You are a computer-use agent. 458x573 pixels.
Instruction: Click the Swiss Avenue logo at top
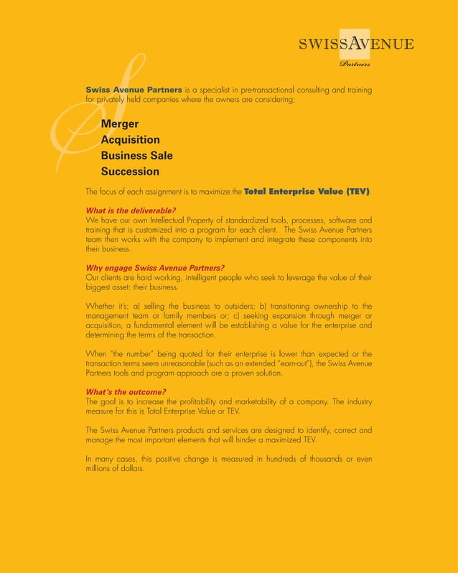(355, 44)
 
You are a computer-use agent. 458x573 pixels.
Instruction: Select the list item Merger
(120, 124)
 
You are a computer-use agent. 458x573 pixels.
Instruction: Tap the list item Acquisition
(130, 140)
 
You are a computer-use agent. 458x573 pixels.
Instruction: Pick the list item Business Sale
(136, 156)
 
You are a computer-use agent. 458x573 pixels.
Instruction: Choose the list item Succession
(130, 172)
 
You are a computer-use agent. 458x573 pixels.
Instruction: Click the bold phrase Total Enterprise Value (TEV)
(307, 192)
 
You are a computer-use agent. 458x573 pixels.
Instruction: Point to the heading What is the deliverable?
(131, 210)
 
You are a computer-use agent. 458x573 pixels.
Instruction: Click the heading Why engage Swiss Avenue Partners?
(155, 268)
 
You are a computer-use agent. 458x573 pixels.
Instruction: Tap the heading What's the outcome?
(123, 391)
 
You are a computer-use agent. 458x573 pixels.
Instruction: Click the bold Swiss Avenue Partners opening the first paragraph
(134, 90)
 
